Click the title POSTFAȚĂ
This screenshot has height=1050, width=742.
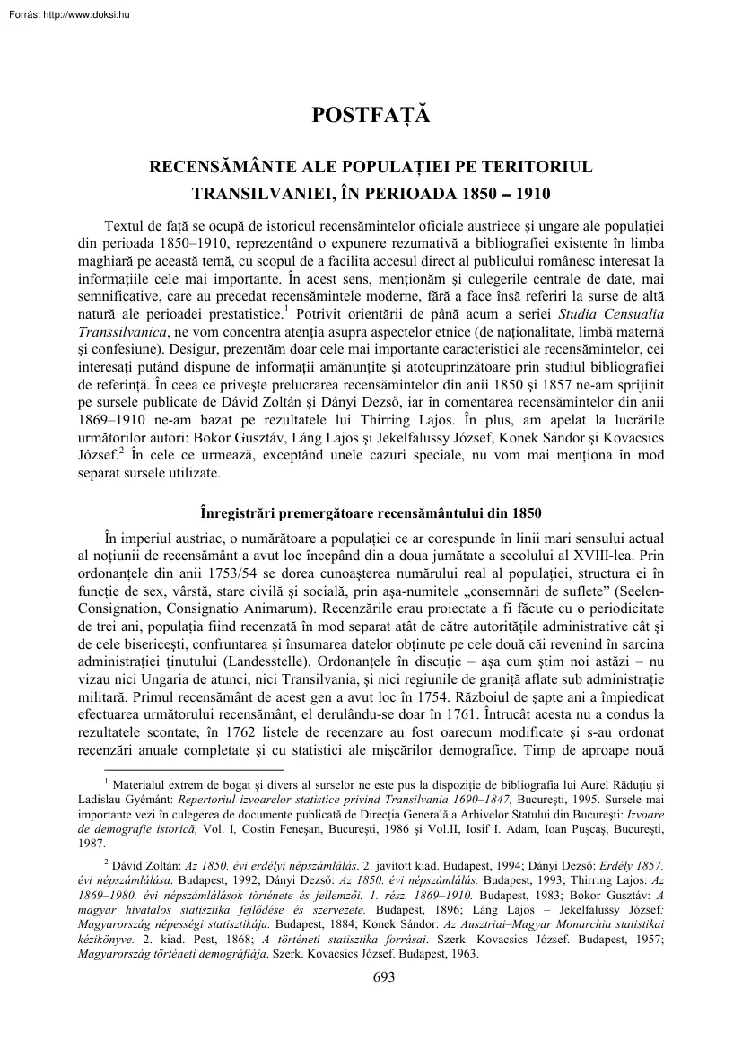371,116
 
